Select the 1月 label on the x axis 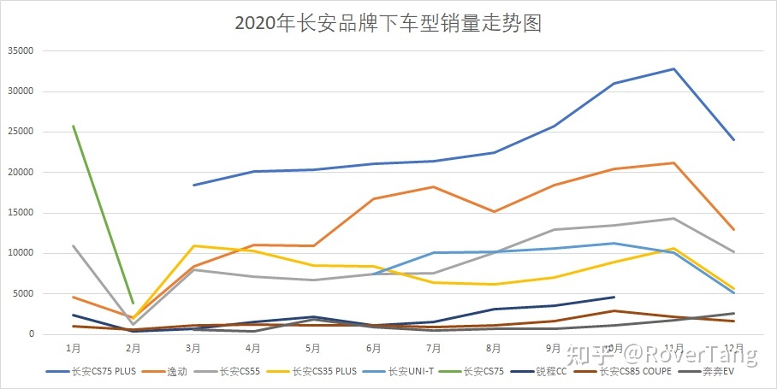(73, 348)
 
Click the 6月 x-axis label (373, 348)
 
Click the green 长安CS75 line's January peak (73, 126)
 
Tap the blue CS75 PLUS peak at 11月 (674, 68)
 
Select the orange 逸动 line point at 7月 (434, 186)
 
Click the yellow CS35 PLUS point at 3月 (193, 246)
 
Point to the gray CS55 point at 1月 (73, 245)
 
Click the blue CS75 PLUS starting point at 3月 (193, 185)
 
